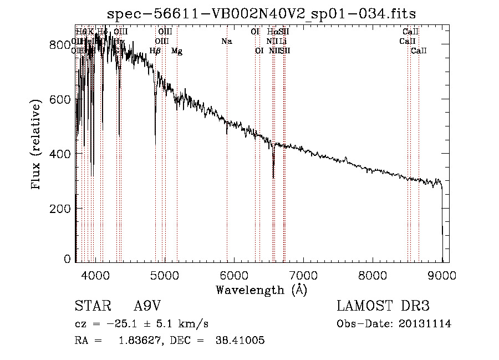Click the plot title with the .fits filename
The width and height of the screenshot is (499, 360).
pos(261,13)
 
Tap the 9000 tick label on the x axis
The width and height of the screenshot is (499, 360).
pos(442,275)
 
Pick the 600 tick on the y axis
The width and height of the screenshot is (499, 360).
pos(75,99)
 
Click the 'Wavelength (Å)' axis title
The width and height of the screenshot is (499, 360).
pos(261,290)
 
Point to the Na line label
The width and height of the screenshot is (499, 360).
pos(226,41)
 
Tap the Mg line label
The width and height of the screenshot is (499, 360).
pos(177,51)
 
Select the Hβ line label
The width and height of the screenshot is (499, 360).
pos(155,51)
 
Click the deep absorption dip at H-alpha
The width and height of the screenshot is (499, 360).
pos(273,176)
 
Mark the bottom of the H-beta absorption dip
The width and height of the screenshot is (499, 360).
pos(155,143)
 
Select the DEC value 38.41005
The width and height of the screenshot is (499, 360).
pos(240,341)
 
